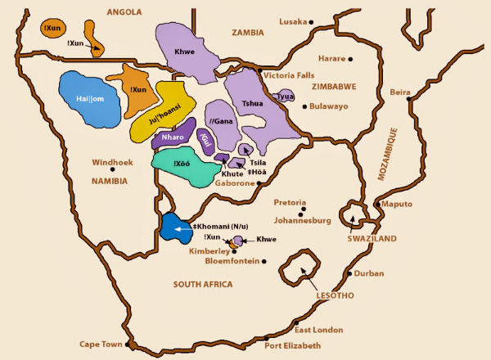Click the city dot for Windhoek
124,169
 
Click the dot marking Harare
351,60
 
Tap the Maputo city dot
375,204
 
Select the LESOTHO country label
335,295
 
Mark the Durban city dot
349,274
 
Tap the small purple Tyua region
285,97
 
